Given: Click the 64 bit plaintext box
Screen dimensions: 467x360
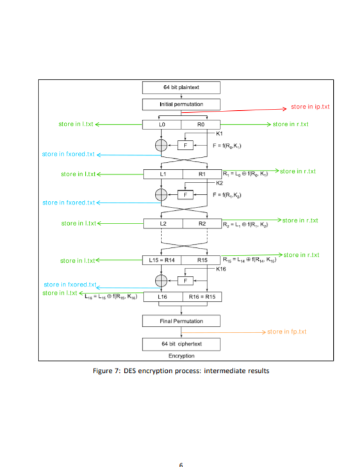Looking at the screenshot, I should tap(181, 88).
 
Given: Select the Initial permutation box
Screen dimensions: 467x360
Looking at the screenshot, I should tap(181, 104).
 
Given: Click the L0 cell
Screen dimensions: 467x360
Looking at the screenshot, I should tap(162, 124).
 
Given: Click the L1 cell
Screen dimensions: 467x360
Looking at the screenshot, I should tap(162, 174).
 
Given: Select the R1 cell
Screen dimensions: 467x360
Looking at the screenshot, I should tap(201, 174).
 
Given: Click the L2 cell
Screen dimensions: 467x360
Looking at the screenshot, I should tap(162, 224).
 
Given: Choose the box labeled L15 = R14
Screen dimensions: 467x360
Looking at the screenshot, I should tap(162, 261).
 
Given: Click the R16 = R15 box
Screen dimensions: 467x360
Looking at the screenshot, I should tap(201, 297).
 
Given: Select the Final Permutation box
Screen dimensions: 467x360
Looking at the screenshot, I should tap(181, 320).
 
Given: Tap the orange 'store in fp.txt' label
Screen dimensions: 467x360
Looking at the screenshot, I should tap(286, 332).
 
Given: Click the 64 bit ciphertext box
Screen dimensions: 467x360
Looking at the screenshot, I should tap(181, 344).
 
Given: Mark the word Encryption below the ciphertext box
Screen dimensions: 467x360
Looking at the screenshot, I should tap(181, 356).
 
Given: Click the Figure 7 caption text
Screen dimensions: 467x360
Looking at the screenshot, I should tap(181, 370).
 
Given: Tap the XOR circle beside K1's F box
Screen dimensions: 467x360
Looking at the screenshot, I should tap(161, 145).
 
